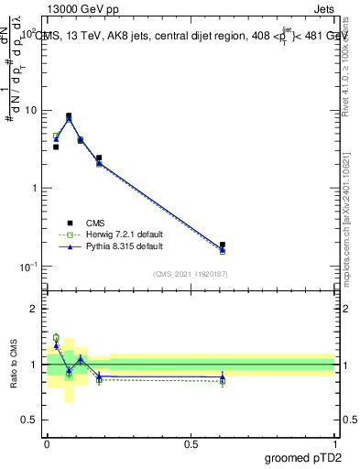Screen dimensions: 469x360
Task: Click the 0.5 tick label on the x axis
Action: pos(191,443)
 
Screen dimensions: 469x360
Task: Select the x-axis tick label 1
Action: pos(335,443)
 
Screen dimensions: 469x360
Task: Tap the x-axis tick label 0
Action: pos(47,443)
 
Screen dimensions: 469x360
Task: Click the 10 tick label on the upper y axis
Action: pos(32,111)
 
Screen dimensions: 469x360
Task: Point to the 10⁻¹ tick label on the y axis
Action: pos(30,267)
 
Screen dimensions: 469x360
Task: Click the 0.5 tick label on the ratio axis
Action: pos(30,420)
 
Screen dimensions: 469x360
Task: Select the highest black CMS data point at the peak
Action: pos(69,116)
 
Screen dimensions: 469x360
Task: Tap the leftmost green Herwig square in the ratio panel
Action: pos(56,338)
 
